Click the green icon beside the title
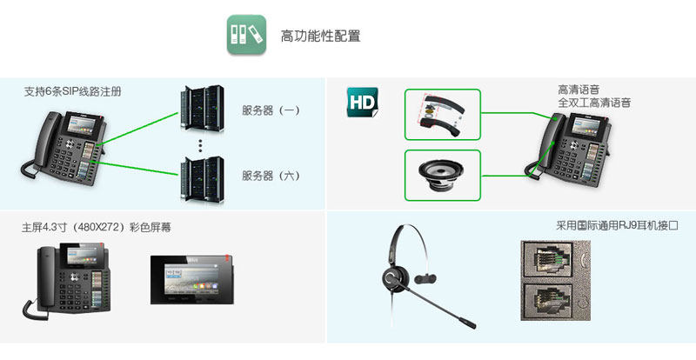(246, 36)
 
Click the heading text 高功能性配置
(320, 37)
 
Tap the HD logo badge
(362, 102)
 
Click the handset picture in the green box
(441, 114)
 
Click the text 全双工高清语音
(594, 103)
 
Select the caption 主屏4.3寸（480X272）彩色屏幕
(96, 228)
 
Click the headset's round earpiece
(394, 280)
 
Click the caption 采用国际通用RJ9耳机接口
(617, 225)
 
